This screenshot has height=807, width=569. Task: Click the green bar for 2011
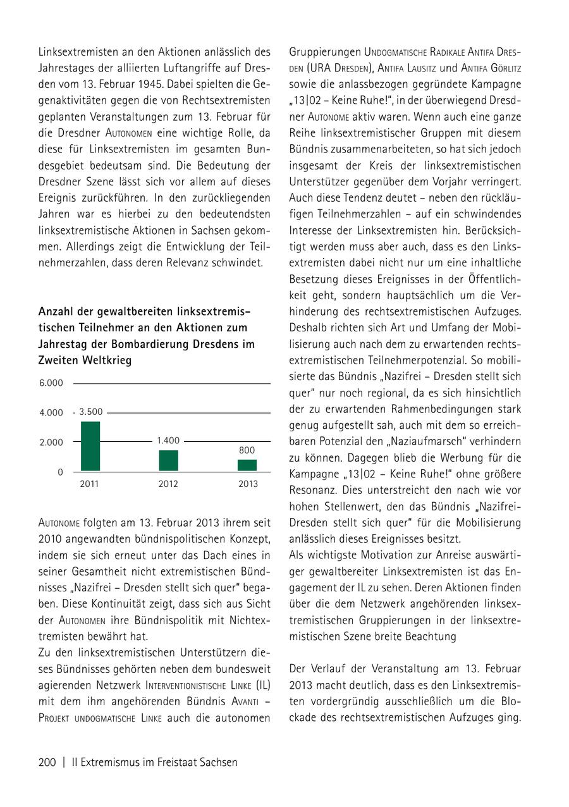[x=90, y=446]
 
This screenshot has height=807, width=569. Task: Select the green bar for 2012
[x=168, y=460]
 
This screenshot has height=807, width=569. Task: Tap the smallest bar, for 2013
[x=247, y=465]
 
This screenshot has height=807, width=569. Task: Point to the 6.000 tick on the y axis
[x=52, y=383]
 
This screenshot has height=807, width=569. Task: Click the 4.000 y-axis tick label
[x=52, y=413]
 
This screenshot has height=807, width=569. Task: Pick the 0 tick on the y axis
[x=60, y=472]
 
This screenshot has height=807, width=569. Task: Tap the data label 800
[x=247, y=450]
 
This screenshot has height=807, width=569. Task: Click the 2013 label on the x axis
[x=247, y=484]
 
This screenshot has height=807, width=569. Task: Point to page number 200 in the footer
[x=47, y=762]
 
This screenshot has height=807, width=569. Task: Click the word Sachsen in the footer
[x=216, y=762]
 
